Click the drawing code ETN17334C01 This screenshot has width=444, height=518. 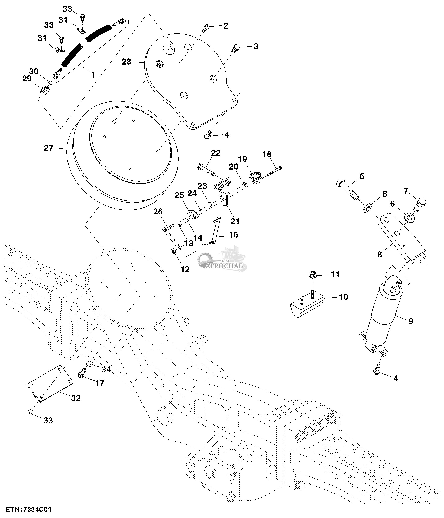click(x=28, y=509)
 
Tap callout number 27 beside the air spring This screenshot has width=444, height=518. click(x=49, y=148)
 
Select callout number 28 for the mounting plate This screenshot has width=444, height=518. click(x=127, y=62)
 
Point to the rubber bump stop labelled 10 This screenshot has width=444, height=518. click(x=306, y=305)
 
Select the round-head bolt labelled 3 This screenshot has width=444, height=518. click(x=236, y=48)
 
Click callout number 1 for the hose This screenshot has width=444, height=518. click(x=93, y=75)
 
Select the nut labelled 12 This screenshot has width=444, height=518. click(x=173, y=251)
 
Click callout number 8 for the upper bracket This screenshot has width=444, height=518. click(x=379, y=255)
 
